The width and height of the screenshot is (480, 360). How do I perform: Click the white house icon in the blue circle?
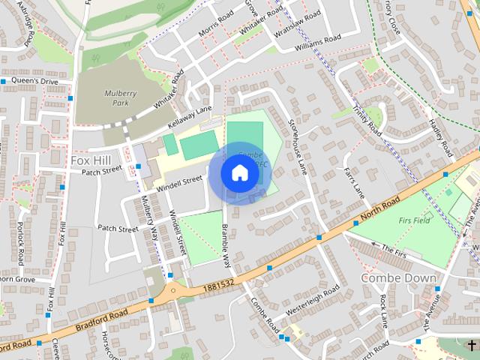click(239, 173)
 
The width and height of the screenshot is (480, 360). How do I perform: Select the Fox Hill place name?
click(91, 160)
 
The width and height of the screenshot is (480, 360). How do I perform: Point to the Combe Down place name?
click(398, 277)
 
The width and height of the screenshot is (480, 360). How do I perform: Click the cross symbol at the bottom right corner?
click(471, 344)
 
